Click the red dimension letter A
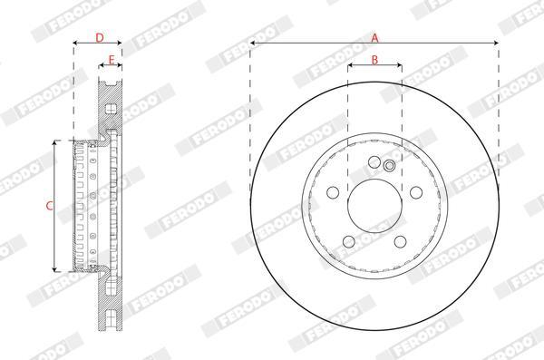374,37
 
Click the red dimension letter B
374,60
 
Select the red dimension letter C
50,206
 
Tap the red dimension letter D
100,37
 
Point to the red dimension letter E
112,60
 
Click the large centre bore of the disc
374,206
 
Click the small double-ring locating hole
389,166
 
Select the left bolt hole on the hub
333,192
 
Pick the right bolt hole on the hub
416,192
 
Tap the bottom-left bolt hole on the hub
349,241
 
